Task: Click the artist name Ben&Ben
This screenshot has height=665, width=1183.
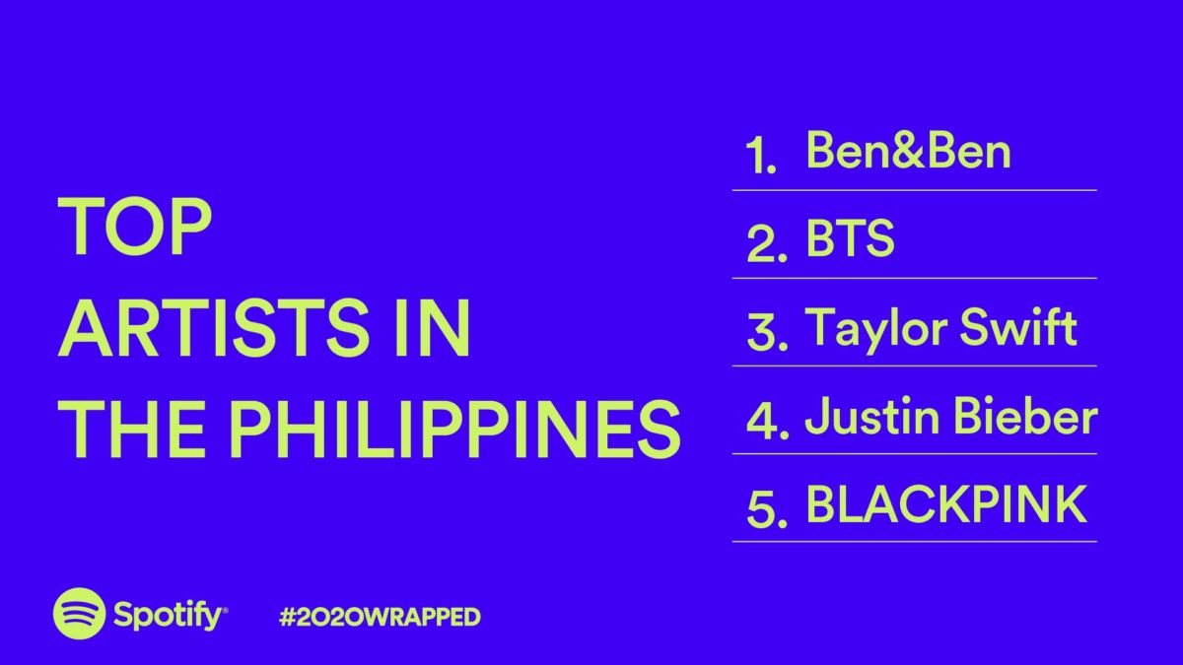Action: point(908,151)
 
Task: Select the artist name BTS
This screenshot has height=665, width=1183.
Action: point(850,238)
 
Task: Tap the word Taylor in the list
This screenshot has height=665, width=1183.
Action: point(876,329)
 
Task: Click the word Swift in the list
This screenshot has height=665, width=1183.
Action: point(1018,327)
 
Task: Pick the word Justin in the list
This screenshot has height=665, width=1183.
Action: point(873,417)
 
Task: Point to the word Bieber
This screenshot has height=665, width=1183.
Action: point(1026,416)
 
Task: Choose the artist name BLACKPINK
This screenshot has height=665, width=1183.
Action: point(945,504)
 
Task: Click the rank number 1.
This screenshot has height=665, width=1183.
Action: point(760,156)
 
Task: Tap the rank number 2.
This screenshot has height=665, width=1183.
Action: point(767,242)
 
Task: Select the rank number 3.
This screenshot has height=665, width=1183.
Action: point(767,331)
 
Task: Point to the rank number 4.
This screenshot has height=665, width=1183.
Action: point(767,420)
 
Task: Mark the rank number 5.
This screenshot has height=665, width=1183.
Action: point(767,508)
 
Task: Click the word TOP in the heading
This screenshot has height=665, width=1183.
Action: point(135,227)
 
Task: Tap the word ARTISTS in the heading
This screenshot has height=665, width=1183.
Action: point(214,327)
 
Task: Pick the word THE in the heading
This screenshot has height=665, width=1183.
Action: point(131,429)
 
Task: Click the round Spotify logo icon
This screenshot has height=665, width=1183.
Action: point(79,613)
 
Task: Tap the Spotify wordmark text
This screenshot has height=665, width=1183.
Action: point(170,616)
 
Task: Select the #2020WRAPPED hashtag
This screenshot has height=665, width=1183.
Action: point(380,617)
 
